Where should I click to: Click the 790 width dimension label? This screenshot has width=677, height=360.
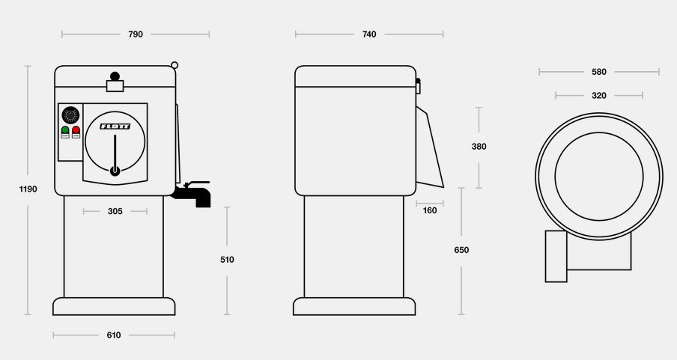(x=136, y=34)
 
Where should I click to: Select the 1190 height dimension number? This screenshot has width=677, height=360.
(x=28, y=189)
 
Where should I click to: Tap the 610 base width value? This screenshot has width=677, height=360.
(x=114, y=335)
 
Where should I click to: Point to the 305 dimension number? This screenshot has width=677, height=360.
(x=115, y=211)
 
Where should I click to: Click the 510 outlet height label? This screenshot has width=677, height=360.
(x=227, y=260)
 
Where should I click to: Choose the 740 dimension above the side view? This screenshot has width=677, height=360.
(x=369, y=34)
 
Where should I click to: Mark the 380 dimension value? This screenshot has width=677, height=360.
(x=479, y=147)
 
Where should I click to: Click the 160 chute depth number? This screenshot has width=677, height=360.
(x=430, y=210)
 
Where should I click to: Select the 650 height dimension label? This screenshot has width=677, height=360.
(x=461, y=250)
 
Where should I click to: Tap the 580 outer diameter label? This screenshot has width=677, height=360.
(x=599, y=72)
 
